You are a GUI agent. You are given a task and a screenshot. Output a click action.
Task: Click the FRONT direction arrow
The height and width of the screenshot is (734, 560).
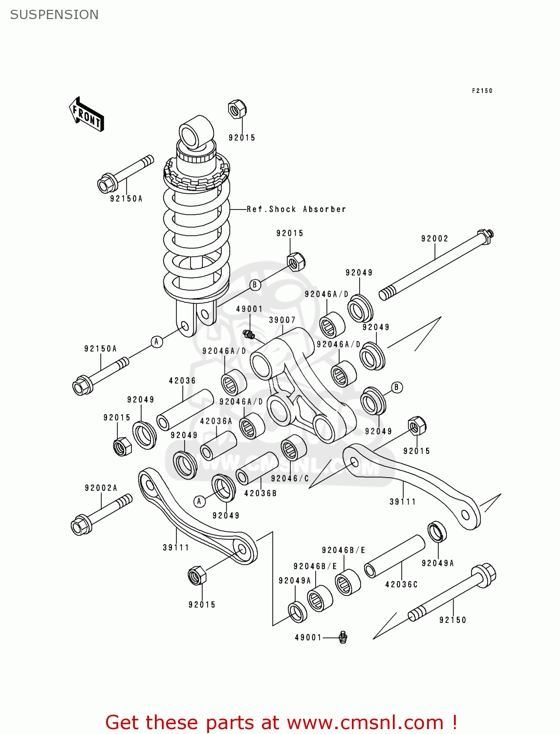click(86, 115)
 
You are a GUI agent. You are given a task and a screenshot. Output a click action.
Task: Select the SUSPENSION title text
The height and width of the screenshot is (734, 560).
click(54, 15)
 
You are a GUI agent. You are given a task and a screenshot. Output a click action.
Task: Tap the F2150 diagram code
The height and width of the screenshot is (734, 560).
click(482, 91)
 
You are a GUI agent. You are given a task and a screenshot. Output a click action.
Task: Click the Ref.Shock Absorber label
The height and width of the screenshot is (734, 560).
click(296, 209)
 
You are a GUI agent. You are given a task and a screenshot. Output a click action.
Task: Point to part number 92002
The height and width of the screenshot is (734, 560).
click(434, 239)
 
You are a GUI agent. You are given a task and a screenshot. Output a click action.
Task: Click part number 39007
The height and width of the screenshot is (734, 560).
click(282, 320)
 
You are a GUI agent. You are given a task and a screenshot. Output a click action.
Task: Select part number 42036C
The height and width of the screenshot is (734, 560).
click(401, 584)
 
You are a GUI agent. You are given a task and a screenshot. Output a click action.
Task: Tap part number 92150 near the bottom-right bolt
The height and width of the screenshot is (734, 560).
click(452, 620)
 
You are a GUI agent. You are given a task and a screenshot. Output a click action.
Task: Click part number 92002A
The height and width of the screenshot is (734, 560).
click(101, 488)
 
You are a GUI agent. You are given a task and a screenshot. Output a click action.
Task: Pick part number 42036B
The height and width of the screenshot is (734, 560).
click(260, 493)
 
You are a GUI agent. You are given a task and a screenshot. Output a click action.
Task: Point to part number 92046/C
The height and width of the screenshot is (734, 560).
click(290, 479)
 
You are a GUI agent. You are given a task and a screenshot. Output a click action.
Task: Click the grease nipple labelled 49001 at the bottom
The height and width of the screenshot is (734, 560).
click(343, 637)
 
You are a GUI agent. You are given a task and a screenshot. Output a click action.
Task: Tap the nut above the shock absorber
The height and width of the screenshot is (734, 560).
click(237, 110)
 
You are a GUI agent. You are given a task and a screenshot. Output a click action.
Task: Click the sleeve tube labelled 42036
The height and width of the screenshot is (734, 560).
click(185, 410)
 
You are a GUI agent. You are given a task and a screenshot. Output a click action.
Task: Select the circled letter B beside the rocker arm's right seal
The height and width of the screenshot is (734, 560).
click(396, 388)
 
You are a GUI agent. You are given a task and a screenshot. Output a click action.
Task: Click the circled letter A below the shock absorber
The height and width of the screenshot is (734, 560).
click(156, 342)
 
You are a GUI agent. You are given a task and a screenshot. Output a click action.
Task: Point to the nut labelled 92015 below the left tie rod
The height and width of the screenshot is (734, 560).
click(197, 575)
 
